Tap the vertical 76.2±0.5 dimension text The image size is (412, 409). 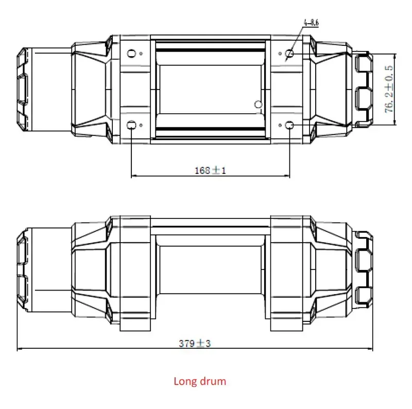[x=390, y=88]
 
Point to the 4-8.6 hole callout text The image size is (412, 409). [x=312, y=23]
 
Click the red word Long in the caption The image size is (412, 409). [x=184, y=382]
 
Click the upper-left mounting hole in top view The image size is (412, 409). [x=132, y=54]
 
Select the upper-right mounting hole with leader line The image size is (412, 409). [x=289, y=54]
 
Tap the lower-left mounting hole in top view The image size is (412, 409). [x=132, y=125]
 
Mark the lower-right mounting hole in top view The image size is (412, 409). [x=289, y=125]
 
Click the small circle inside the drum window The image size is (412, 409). [x=259, y=105]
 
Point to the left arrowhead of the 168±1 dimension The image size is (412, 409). [x=134, y=176]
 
